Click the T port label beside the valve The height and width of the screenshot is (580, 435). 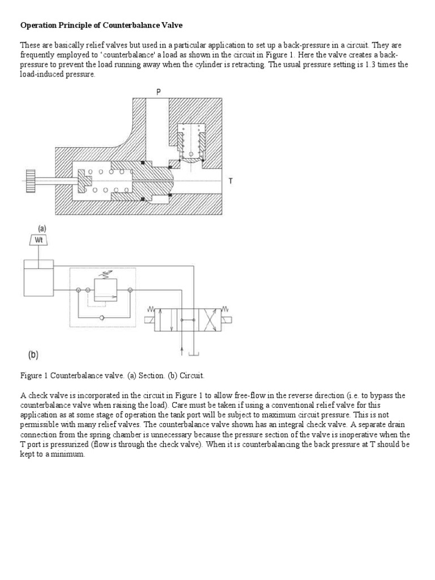[231, 181]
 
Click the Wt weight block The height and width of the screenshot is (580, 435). [39, 240]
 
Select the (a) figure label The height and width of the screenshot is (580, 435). [41, 228]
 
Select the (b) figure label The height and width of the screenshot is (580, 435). [33, 355]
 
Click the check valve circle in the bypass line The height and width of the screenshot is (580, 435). [102, 318]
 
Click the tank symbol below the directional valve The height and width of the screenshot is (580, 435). [193, 354]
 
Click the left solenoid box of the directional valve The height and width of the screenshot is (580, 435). [150, 320]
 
